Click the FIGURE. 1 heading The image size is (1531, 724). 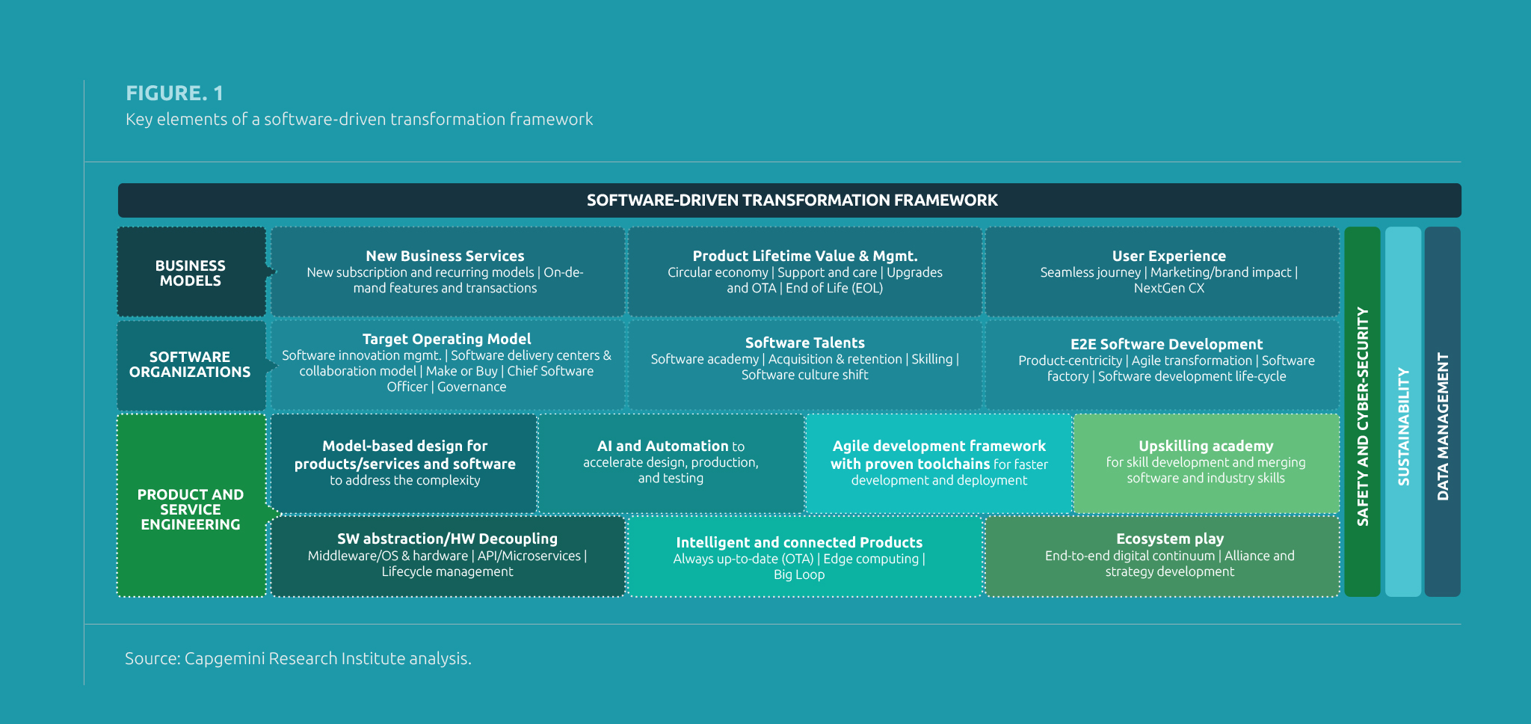pos(174,93)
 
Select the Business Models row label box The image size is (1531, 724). pos(191,273)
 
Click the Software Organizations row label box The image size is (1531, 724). pos(191,365)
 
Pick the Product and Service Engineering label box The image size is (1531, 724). pos(191,509)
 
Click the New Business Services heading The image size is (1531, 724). pos(445,256)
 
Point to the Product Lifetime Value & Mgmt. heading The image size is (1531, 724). pos(804,256)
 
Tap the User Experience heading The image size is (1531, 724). pos(1168,256)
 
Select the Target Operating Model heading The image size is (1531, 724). pos(446,339)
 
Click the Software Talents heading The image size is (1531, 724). pos(804,343)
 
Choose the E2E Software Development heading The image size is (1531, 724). pos(1166,344)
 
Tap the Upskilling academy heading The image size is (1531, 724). pos(1205,446)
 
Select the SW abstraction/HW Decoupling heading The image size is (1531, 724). pos(447,539)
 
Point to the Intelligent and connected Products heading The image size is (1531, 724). pos(798,542)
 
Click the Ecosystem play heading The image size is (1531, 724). pos(1169,539)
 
